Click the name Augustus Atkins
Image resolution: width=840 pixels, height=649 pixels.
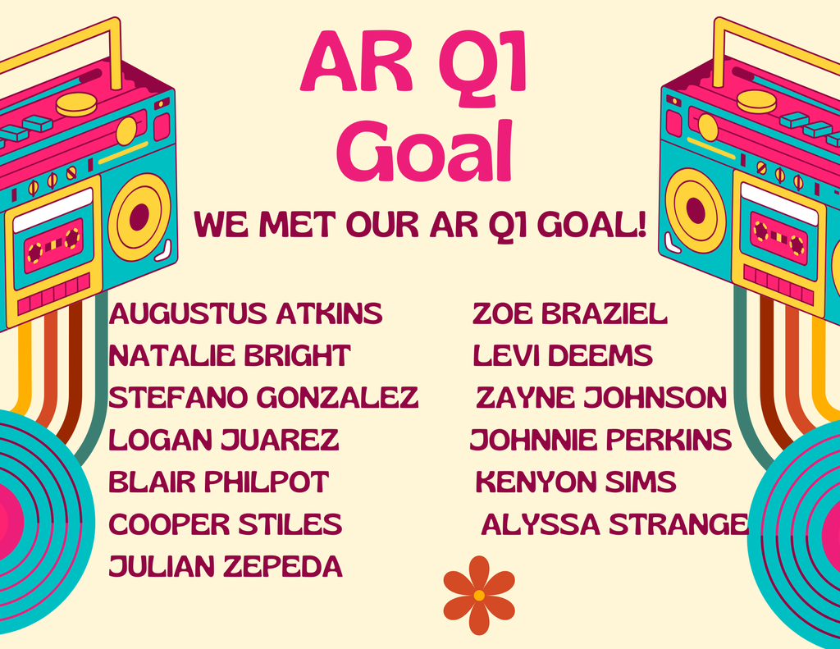click(x=245, y=313)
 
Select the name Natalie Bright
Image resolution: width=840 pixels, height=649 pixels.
click(x=230, y=355)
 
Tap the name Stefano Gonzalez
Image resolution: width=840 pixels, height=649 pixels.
click(x=263, y=397)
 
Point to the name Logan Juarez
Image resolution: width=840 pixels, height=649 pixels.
click(x=223, y=440)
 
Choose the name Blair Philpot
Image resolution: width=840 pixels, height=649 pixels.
click(x=218, y=482)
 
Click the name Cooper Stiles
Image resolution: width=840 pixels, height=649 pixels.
click(x=225, y=523)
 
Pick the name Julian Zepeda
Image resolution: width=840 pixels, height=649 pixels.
click(x=225, y=566)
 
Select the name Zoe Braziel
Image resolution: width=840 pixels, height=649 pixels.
click(x=570, y=313)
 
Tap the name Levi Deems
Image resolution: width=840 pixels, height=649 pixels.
click(x=563, y=355)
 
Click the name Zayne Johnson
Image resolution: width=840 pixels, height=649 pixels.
click(x=601, y=397)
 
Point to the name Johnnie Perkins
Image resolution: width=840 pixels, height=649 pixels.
click(x=600, y=440)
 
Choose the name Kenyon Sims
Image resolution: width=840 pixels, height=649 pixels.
click(x=576, y=482)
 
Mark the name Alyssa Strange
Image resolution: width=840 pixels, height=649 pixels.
click(x=614, y=523)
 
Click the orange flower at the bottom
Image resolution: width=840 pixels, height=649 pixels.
click(x=479, y=595)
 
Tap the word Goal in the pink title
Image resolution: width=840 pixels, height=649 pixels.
click(x=424, y=151)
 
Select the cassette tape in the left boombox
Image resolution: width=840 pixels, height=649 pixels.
click(x=53, y=245)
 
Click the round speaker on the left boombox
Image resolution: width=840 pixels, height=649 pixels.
click(x=139, y=217)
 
